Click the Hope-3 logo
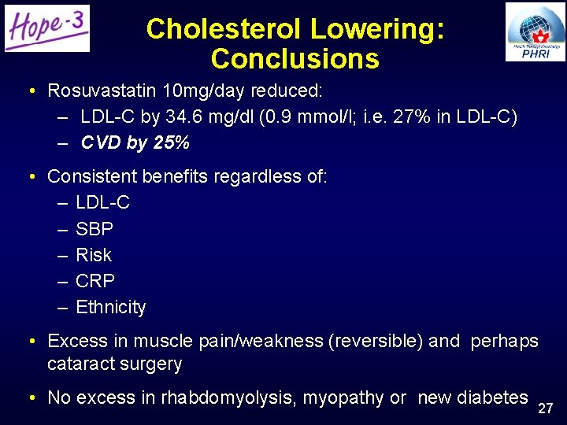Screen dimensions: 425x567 pos(47,28)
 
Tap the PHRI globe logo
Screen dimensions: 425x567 pos(535,31)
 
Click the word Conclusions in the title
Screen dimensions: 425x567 pos(295,59)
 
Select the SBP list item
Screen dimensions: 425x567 pos(94,229)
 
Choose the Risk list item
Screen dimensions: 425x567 pos(94,255)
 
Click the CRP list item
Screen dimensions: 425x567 pos(95,281)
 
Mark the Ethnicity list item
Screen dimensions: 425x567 pos(111,307)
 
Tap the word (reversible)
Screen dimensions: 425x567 pos(375,341)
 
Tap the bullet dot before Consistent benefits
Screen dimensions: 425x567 pos(29,177)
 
